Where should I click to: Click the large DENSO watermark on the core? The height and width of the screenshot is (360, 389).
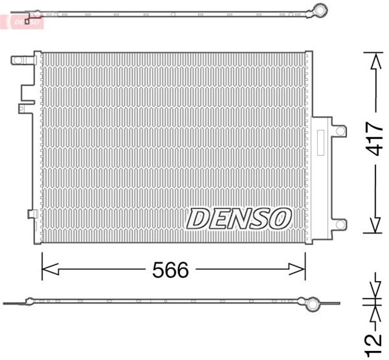(239, 218)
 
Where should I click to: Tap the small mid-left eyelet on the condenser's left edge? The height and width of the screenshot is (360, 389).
(22, 109)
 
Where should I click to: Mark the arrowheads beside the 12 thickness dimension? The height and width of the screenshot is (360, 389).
(373, 302)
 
